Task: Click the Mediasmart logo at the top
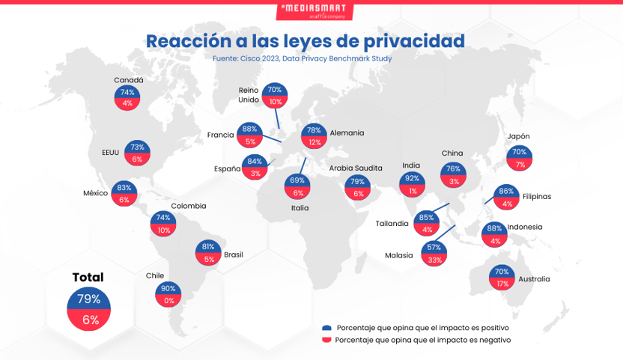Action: [314, 11]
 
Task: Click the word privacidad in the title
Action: [414, 41]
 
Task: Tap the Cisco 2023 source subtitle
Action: [302, 58]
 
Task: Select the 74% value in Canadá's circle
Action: [127, 92]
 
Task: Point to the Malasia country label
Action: [398, 255]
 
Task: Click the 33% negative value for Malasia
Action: [434, 260]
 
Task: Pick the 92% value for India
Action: [412, 178]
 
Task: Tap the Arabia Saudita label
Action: [356, 168]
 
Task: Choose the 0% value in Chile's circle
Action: [169, 301]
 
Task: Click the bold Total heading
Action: [88, 277]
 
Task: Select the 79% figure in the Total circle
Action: [88, 299]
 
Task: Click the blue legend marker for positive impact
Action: [326, 328]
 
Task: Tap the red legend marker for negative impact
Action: [326, 340]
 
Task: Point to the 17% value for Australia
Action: [502, 284]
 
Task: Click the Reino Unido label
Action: [249, 95]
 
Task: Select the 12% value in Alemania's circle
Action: [314, 142]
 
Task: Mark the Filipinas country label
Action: [537, 196]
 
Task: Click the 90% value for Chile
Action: [168, 288]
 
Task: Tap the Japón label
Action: [518, 136]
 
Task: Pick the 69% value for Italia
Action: [297, 180]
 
